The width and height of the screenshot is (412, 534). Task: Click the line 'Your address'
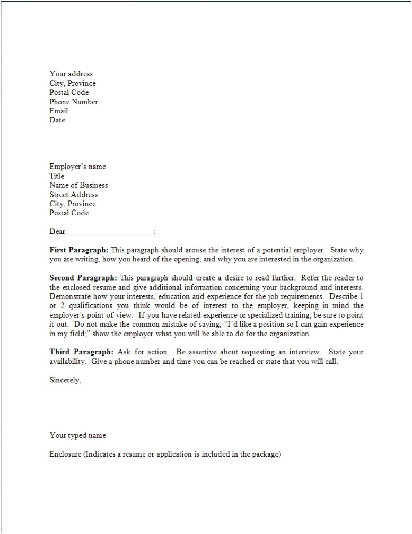tap(71, 74)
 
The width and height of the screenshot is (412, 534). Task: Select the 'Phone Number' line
tap(74, 102)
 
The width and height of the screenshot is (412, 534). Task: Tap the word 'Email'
tap(59, 111)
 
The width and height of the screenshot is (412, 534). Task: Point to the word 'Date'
tap(57, 120)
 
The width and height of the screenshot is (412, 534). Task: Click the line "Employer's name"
tap(77, 167)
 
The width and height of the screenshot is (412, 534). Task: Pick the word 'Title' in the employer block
tap(57, 176)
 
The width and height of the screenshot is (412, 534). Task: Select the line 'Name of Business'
tap(78, 185)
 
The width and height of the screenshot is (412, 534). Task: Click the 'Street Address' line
tap(74, 195)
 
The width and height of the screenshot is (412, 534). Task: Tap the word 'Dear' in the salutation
tap(57, 231)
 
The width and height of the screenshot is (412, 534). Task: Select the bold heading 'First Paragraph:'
tap(79, 250)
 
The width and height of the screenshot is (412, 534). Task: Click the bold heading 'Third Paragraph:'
tap(81, 352)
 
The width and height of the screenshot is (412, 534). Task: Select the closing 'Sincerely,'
tap(65, 380)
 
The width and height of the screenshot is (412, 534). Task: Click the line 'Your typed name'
tap(77, 435)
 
